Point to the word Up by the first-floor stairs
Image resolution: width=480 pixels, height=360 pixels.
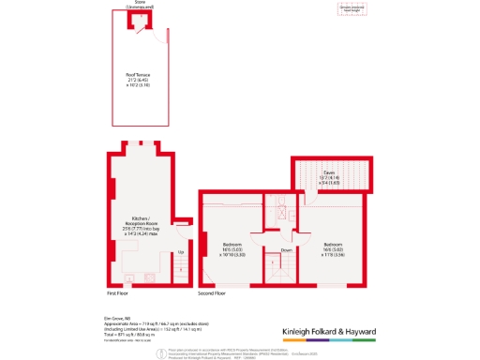180,250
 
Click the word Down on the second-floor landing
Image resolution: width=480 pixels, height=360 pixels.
286,250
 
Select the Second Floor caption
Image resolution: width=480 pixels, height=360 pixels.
213,292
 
